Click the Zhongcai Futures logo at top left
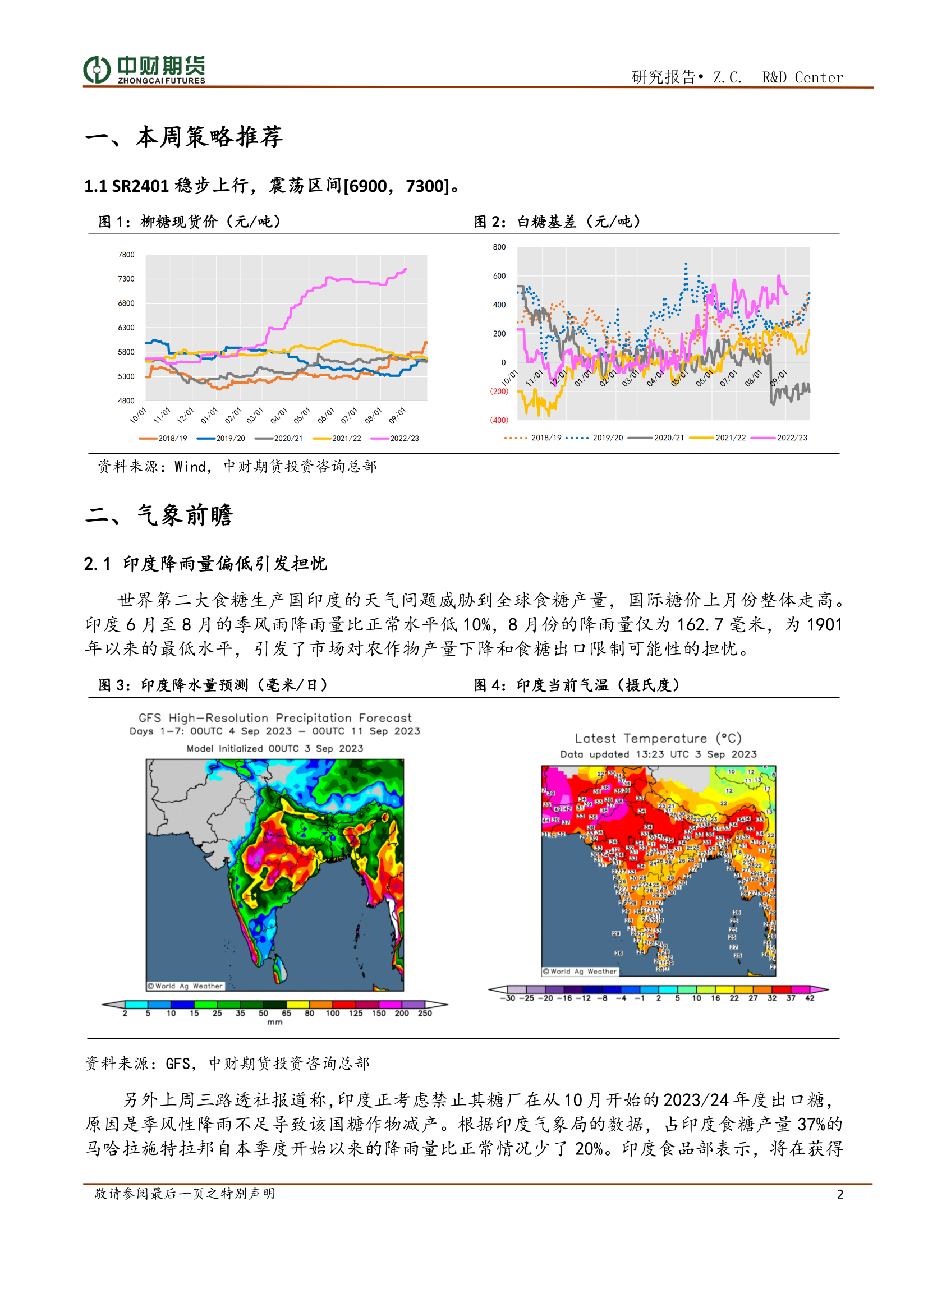click(144, 70)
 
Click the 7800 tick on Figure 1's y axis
click(126, 255)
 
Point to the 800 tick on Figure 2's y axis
click(499, 247)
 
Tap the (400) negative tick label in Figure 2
click(498, 420)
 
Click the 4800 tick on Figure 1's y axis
click(126, 400)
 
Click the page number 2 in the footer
click(839, 1194)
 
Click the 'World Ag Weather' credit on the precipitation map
click(185, 986)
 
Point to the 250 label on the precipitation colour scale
click(425, 1013)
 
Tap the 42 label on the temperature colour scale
click(809, 998)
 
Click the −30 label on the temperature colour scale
click(507, 998)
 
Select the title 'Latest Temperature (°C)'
click(658, 738)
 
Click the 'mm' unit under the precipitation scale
click(274, 1023)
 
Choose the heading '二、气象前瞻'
click(159, 515)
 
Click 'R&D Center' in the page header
click(802, 77)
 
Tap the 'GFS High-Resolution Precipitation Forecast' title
click(274, 718)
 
